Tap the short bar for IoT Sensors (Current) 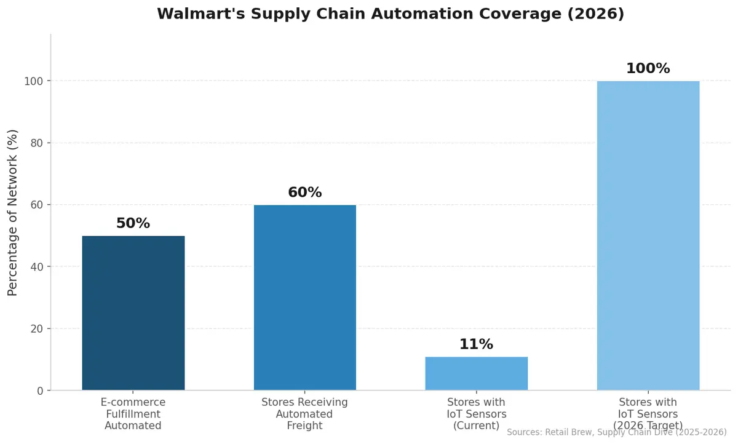click(x=476, y=373)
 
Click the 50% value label click(x=133, y=223)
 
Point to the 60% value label click(x=304, y=192)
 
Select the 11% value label click(x=476, y=344)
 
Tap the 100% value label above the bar click(x=648, y=68)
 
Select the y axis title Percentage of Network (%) click(x=13, y=212)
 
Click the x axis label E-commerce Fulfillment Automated click(x=133, y=414)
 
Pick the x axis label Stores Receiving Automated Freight click(x=304, y=414)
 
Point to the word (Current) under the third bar click(x=476, y=426)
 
